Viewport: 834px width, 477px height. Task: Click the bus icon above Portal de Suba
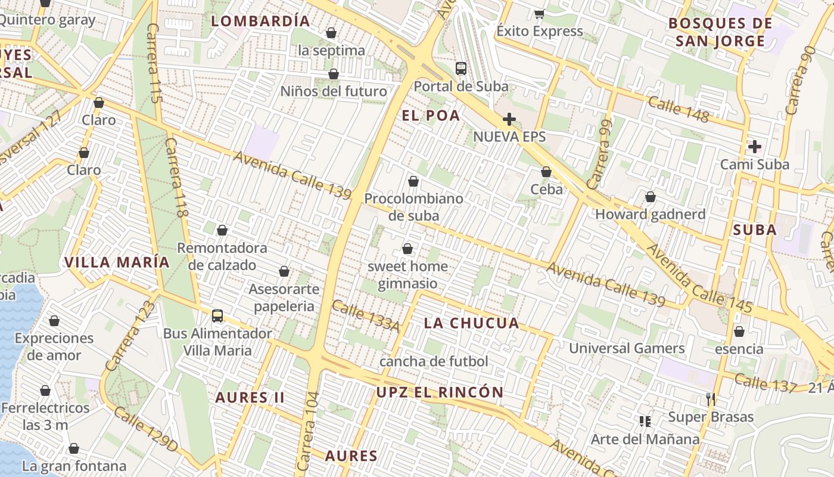461,68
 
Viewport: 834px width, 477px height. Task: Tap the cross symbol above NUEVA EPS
509,119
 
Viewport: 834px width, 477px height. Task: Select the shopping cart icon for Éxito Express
539,14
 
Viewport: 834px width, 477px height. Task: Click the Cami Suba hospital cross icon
755,146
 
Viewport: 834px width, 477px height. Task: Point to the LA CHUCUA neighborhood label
471,323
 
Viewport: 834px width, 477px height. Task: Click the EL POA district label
431,116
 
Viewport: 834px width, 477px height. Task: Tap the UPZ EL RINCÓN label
440,392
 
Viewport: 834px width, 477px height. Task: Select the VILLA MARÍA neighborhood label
117,262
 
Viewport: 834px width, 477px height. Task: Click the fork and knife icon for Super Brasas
710,399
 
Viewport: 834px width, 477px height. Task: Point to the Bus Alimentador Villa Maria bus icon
217,315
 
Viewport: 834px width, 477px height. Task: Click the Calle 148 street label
679,110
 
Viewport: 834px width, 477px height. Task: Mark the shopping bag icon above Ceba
546,172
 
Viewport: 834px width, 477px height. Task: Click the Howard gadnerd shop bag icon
651,196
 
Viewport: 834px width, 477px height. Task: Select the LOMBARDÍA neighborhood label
261,21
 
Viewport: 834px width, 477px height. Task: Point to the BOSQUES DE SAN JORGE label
720,32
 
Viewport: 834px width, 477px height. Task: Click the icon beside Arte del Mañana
645,422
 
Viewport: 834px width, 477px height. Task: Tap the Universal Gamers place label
627,348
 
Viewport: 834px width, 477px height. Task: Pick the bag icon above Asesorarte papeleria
284,271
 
